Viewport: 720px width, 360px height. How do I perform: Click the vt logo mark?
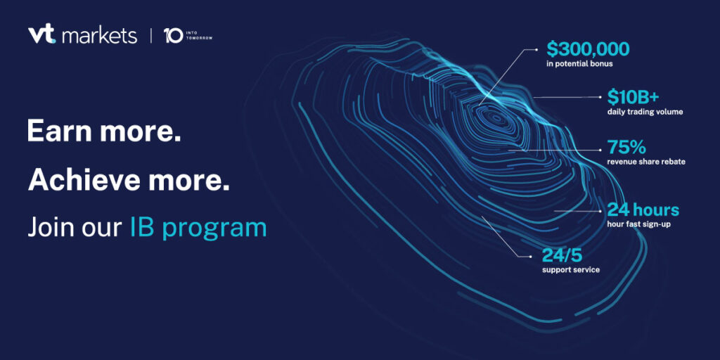[x=41, y=35]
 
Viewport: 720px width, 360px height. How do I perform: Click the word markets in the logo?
[x=98, y=37]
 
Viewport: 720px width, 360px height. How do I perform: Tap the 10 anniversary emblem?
[x=173, y=37]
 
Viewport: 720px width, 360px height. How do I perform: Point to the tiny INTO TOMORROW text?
[x=199, y=36]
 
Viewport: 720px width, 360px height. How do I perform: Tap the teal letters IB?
[x=142, y=228]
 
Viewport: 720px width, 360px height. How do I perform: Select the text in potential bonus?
[x=579, y=64]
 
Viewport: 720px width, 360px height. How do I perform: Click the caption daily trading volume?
[x=645, y=112]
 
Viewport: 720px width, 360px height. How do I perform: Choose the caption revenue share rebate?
[x=646, y=162]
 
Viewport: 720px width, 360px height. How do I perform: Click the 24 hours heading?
[x=643, y=210]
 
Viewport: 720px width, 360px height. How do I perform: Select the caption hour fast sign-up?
[x=639, y=224]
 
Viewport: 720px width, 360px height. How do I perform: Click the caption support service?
[x=571, y=270]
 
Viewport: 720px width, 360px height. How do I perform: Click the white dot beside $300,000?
[x=535, y=49]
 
